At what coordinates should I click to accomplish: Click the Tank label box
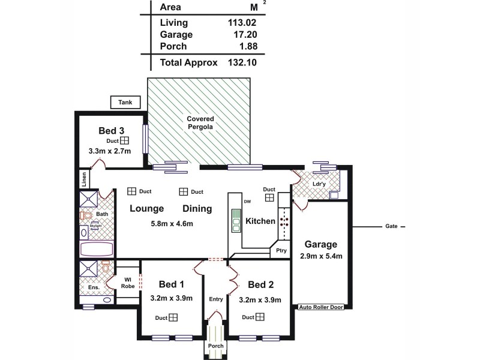click(125, 103)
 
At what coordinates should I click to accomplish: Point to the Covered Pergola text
click(200, 123)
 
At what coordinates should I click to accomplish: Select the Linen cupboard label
click(85, 178)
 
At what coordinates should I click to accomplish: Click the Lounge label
click(147, 209)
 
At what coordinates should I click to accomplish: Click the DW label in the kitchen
click(247, 201)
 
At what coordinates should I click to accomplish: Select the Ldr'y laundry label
click(319, 184)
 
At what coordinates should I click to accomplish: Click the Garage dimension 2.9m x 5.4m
click(320, 257)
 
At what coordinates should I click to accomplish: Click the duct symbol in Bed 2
click(259, 317)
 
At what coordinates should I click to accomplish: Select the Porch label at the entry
click(215, 346)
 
